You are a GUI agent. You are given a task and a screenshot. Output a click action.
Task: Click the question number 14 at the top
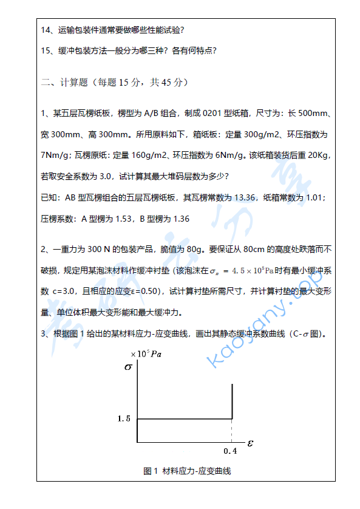tap(46, 30)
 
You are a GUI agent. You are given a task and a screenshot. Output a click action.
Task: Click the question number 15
tap(46, 50)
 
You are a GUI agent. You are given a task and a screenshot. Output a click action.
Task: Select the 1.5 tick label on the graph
tap(124, 418)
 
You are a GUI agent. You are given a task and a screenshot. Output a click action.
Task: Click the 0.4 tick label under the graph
tap(230, 451)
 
